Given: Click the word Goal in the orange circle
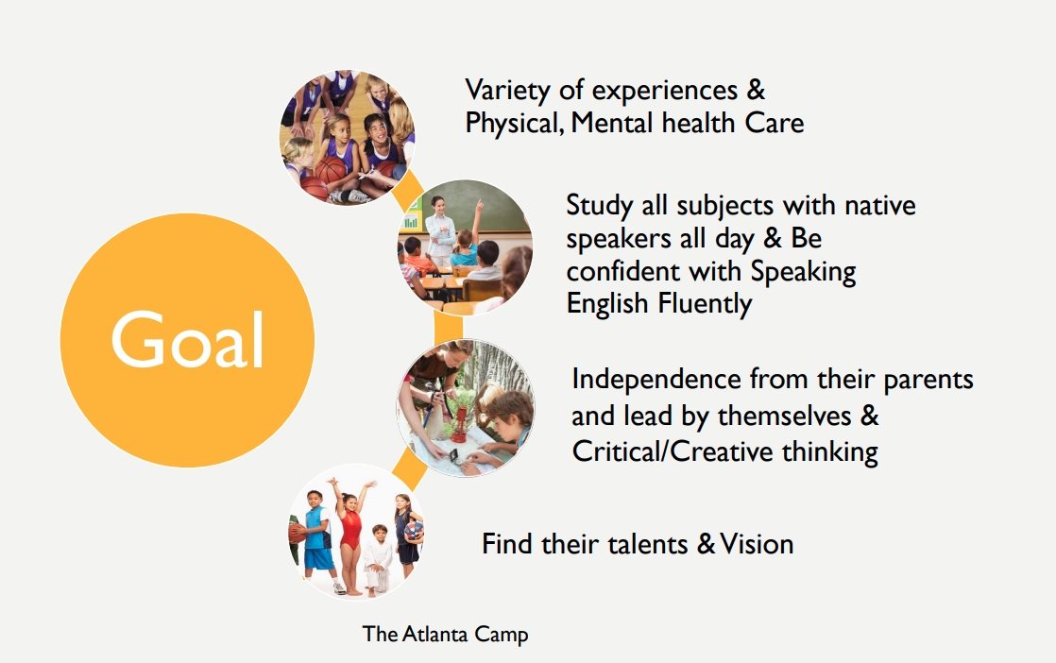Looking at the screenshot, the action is tap(187, 339).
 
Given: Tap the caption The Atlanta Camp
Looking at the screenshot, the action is tap(445, 634).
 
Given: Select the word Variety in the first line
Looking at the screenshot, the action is tap(507, 91).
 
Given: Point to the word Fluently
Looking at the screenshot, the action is tap(706, 304).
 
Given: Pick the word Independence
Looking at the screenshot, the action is tap(656, 379).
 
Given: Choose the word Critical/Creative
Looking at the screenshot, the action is tap(673, 451).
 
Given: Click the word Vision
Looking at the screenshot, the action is tap(757, 544).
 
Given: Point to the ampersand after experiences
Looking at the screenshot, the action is tap(756, 91).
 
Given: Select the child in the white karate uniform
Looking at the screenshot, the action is tap(378, 560).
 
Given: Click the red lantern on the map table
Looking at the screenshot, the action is tap(459, 420).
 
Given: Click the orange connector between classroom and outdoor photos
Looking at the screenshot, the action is tap(449, 328).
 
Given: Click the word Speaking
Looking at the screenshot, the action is tap(803, 272).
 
